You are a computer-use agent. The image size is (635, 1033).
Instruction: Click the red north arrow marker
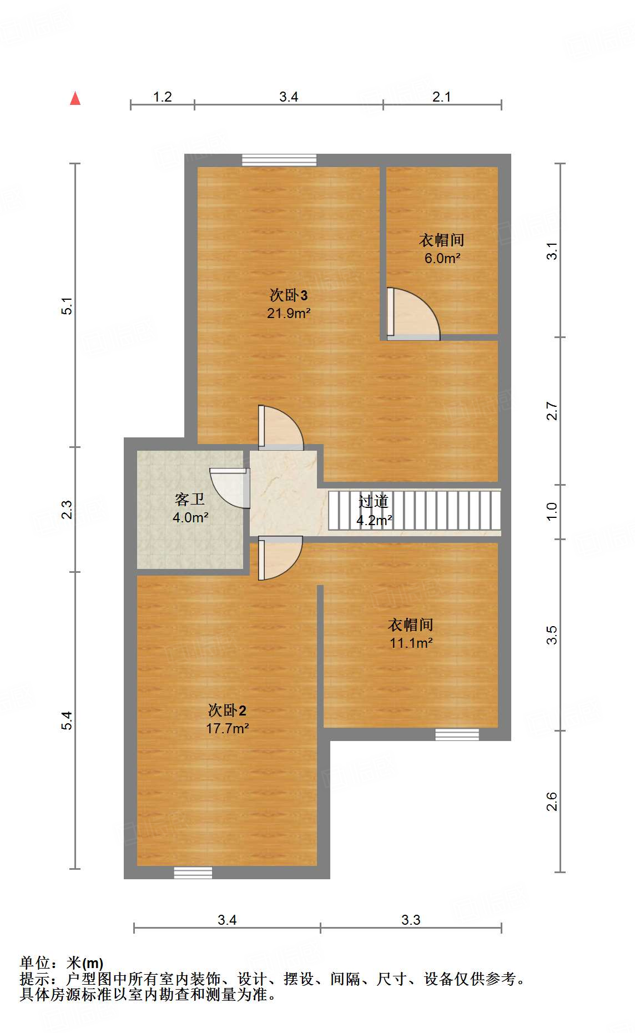(75, 98)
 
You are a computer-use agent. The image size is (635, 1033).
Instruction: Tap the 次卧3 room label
(288, 295)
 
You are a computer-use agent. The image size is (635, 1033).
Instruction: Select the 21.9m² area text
(288, 313)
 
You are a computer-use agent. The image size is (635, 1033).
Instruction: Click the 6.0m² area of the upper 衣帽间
(442, 258)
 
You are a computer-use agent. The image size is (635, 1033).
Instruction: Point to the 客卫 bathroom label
(190, 500)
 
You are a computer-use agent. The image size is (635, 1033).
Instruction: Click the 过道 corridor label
(373, 502)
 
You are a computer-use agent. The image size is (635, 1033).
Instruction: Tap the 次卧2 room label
(227, 710)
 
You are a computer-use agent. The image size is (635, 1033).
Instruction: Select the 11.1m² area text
(411, 643)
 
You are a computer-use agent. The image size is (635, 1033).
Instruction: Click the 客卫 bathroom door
(230, 488)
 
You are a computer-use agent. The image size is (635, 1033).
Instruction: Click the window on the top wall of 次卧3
(279, 160)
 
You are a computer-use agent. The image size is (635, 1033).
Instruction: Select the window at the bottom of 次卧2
(193, 872)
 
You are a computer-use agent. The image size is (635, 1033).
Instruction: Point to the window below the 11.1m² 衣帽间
(457, 734)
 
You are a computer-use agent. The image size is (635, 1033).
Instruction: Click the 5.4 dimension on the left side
(67, 720)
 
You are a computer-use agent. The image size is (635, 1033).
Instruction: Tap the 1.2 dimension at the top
(162, 97)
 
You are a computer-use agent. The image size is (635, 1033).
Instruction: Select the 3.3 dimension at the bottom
(411, 920)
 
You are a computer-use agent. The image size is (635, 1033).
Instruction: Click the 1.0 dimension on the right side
(551, 511)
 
